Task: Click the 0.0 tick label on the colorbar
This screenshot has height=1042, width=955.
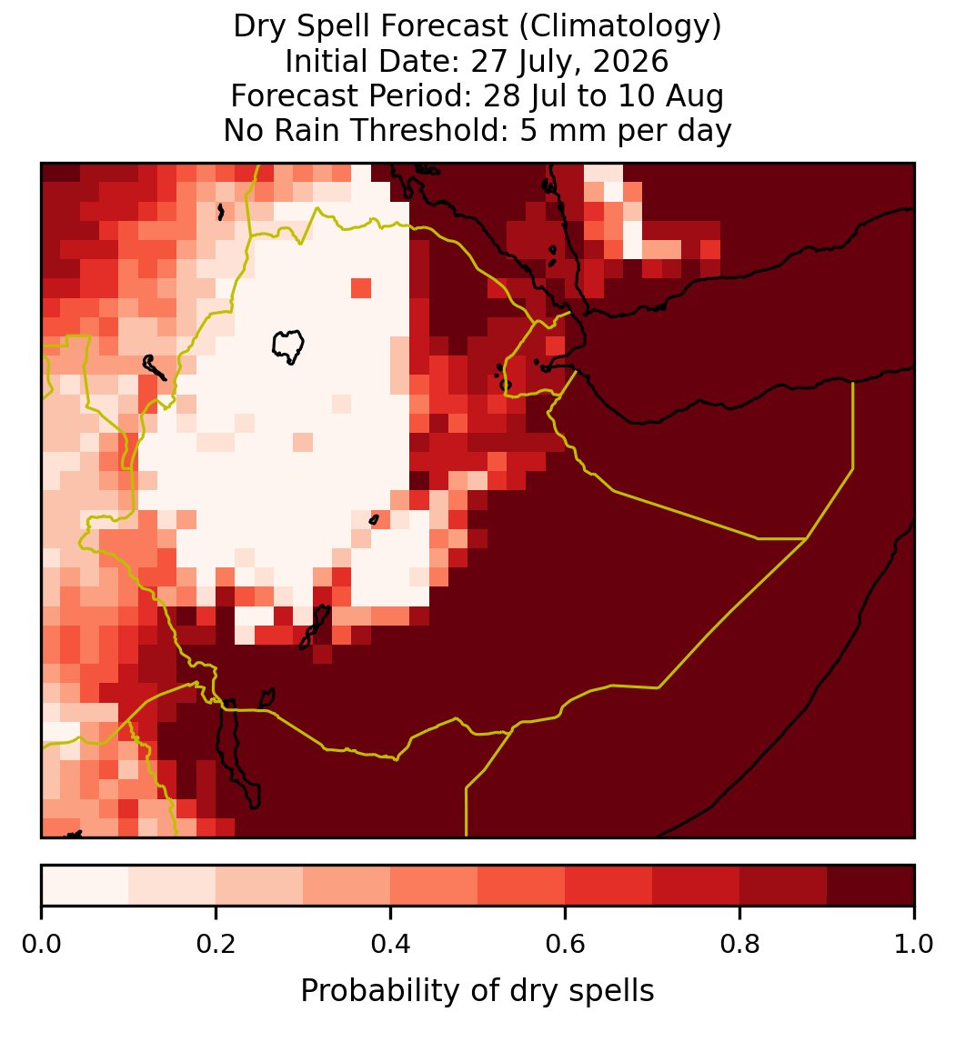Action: (41, 944)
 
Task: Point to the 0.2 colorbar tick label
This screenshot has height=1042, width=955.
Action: (216, 944)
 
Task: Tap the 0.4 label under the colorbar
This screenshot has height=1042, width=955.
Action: (391, 944)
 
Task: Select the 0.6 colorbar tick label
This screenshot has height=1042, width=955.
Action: (566, 944)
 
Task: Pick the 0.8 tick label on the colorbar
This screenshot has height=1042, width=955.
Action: (740, 944)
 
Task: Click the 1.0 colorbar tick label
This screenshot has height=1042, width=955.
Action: (914, 944)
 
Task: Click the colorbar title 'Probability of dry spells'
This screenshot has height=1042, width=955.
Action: (477, 991)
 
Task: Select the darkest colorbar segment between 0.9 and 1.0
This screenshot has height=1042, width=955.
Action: (870, 886)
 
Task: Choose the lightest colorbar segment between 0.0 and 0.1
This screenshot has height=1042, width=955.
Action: (85, 886)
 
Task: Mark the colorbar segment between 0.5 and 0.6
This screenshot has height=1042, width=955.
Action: (522, 886)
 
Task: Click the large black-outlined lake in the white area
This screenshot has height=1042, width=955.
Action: (288, 346)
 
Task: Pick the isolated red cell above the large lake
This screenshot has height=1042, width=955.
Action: (361, 288)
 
